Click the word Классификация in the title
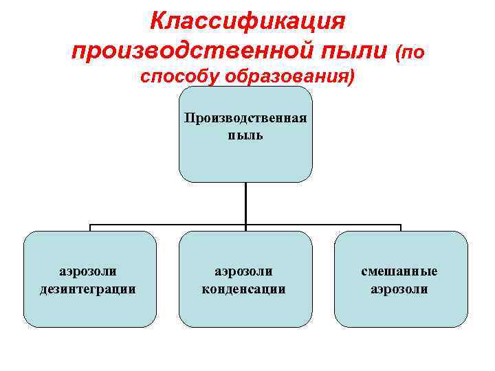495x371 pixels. click(x=247, y=21)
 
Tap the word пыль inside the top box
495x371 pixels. click(x=245, y=135)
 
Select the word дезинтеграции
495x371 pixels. click(x=89, y=289)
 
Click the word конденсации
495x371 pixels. click(x=244, y=289)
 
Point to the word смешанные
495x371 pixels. click(x=399, y=271)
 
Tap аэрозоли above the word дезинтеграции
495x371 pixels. click(x=89, y=271)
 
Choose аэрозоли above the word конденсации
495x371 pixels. click(x=244, y=271)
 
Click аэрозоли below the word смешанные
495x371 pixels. click(x=399, y=289)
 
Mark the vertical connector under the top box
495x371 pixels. click(x=245, y=203)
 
